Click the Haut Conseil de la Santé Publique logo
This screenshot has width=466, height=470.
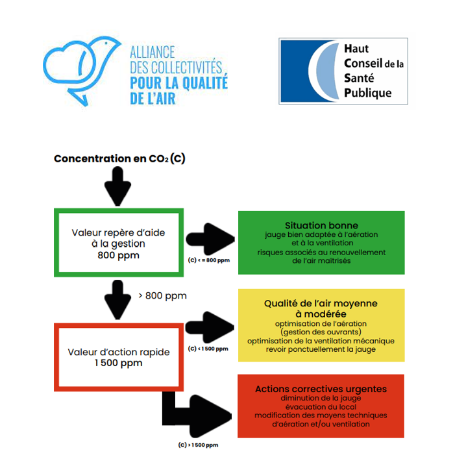pyautogui.click(x=343, y=71)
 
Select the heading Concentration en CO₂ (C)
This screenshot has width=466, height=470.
pyautogui.click(x=119, y=158)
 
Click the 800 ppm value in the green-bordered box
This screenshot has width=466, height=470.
pyautogui.click(x=117, y=255)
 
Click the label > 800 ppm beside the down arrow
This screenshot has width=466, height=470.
pyautogui.click(x=163, y=296)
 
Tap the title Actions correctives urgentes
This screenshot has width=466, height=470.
pyautogui.click(x=321, y=389)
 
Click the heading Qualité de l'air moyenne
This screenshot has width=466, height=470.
pyautogui.click(x=321, y=303)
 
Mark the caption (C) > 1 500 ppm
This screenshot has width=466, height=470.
pyautogui.click(x=198, y=445)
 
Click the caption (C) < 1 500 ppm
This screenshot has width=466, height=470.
pyautogui.click(x=208, y=349)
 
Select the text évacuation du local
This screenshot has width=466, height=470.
pyautogui.click(x=321, y=407)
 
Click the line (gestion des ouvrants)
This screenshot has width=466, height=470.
pyautogui.click(x=321, y=332)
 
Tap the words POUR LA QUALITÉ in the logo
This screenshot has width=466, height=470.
pyautogui.click(x=179, y=83)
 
